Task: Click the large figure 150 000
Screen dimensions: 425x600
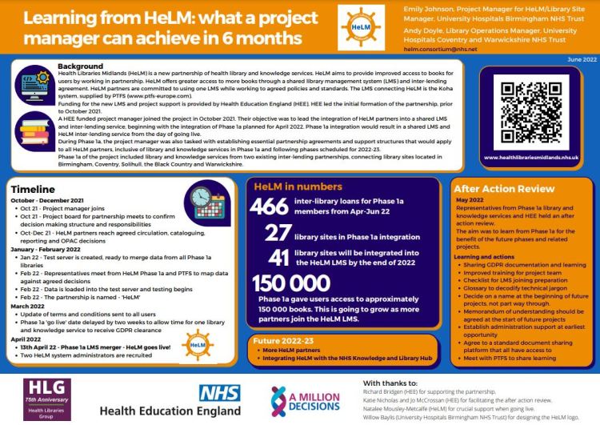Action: tap(293, 283)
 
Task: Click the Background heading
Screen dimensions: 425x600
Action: tap(81, 66)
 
